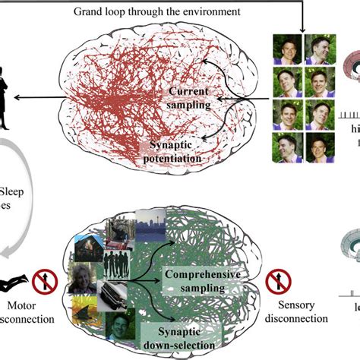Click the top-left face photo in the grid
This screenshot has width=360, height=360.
pos(287,49)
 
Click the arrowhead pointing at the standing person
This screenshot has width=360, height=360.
pos(36,96)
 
